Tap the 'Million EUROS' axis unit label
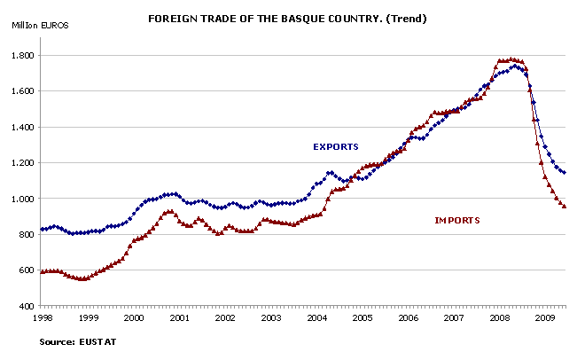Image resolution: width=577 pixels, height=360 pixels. click(x=41, y=24)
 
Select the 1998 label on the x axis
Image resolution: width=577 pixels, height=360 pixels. click(x=41, y=317)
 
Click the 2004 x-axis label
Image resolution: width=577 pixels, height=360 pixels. click(x=316, y=317)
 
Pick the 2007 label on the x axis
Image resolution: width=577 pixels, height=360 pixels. click(x=453, y=317)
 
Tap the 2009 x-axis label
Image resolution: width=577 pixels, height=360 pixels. click(x=544, y=317)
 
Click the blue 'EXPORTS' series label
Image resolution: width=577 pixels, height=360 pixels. click(x=335, y=146)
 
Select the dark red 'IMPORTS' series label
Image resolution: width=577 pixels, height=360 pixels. click(x=456, y=219)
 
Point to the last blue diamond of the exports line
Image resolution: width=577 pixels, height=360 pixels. click(x=565, y=172)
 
